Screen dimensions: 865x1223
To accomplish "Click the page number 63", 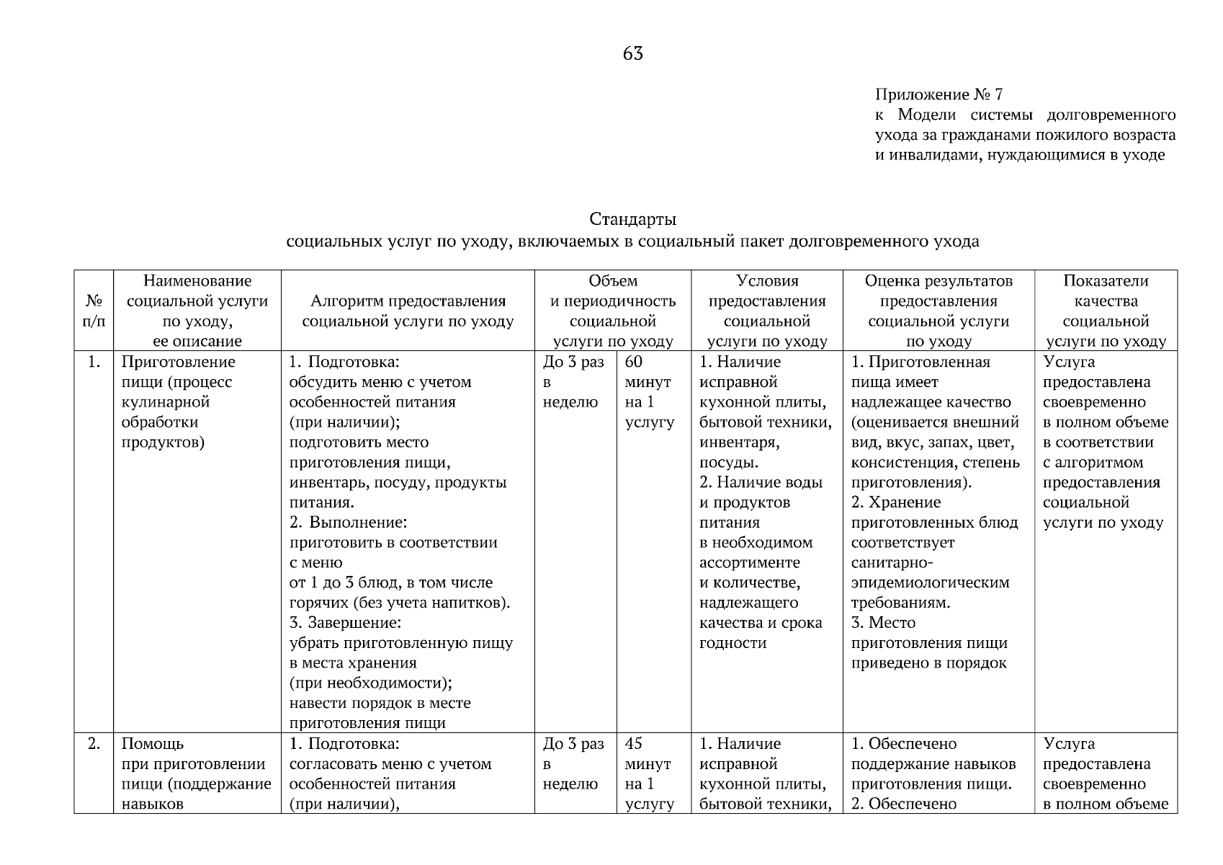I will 632,53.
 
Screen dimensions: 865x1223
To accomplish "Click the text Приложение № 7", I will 938,94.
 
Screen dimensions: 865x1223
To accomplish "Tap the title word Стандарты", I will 632,218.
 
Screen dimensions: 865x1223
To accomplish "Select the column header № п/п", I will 94,311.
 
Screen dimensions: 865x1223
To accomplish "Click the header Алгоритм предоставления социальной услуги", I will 408,311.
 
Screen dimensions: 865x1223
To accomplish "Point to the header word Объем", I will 612,281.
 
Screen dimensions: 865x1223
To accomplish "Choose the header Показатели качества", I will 1106,290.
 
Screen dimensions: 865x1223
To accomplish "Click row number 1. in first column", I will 94,362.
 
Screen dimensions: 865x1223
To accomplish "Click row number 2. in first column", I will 94,743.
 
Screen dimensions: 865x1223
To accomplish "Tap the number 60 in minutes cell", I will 634,362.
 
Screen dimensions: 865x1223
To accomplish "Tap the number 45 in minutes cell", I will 634,743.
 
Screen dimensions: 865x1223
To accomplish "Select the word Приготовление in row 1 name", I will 178,362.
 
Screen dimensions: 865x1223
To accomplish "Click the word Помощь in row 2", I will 152,743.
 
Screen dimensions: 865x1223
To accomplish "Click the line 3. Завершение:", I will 345,623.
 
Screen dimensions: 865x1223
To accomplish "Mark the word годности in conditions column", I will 733,643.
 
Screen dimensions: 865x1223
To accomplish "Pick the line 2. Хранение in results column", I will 896,502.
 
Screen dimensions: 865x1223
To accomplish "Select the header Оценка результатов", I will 938,281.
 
